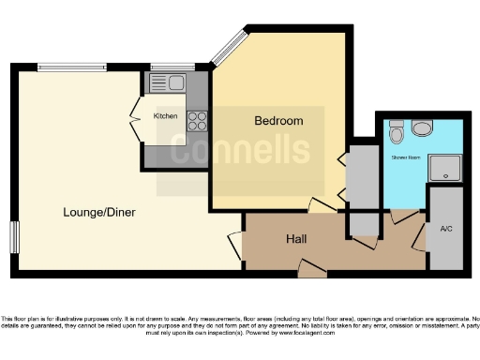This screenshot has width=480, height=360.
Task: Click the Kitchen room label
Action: [165, 115]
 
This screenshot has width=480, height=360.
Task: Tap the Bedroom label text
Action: [279, 121]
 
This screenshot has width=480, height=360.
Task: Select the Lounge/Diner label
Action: [100, 212]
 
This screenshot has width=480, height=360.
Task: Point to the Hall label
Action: [296, 239]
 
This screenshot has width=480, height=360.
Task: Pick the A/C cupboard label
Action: [445, 227]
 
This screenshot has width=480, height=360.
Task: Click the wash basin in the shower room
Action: [423, 128]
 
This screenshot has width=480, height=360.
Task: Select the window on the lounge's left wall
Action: [13, 235]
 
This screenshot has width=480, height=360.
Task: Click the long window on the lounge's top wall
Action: [75, 68]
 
